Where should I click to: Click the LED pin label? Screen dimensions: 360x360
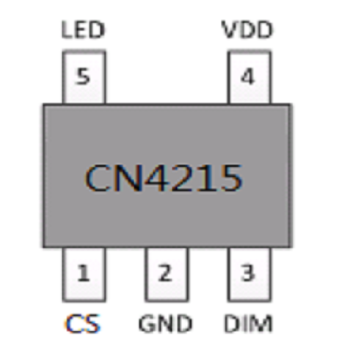(x=83, y=30)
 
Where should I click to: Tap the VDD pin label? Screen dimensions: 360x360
(x=247, y=30)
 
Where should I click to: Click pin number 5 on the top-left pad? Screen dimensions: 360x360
(x=83, y=76)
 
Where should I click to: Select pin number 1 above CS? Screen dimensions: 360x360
(x=83, y=273)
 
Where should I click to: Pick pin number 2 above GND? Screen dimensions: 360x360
(x=165, y=273)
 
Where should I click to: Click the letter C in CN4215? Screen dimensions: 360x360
(x=98, y=177)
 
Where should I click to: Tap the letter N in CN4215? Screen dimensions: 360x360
(x=128, y=177)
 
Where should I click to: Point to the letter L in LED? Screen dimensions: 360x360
(x=67, y=30)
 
